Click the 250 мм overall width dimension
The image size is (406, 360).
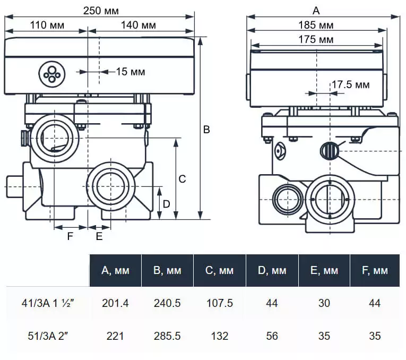101,11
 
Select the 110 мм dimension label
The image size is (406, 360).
46,25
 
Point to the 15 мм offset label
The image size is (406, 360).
130,72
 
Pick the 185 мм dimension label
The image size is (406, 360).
315,25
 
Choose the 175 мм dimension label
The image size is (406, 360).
315,39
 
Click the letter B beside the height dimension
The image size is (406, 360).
207,130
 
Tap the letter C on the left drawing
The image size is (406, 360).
182,179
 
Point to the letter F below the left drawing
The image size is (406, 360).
70,237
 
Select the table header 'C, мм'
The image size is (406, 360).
219,271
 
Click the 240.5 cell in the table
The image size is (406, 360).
167,303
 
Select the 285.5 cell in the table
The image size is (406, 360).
167,336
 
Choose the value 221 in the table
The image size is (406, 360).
115,336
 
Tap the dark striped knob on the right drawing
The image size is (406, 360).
329,150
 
